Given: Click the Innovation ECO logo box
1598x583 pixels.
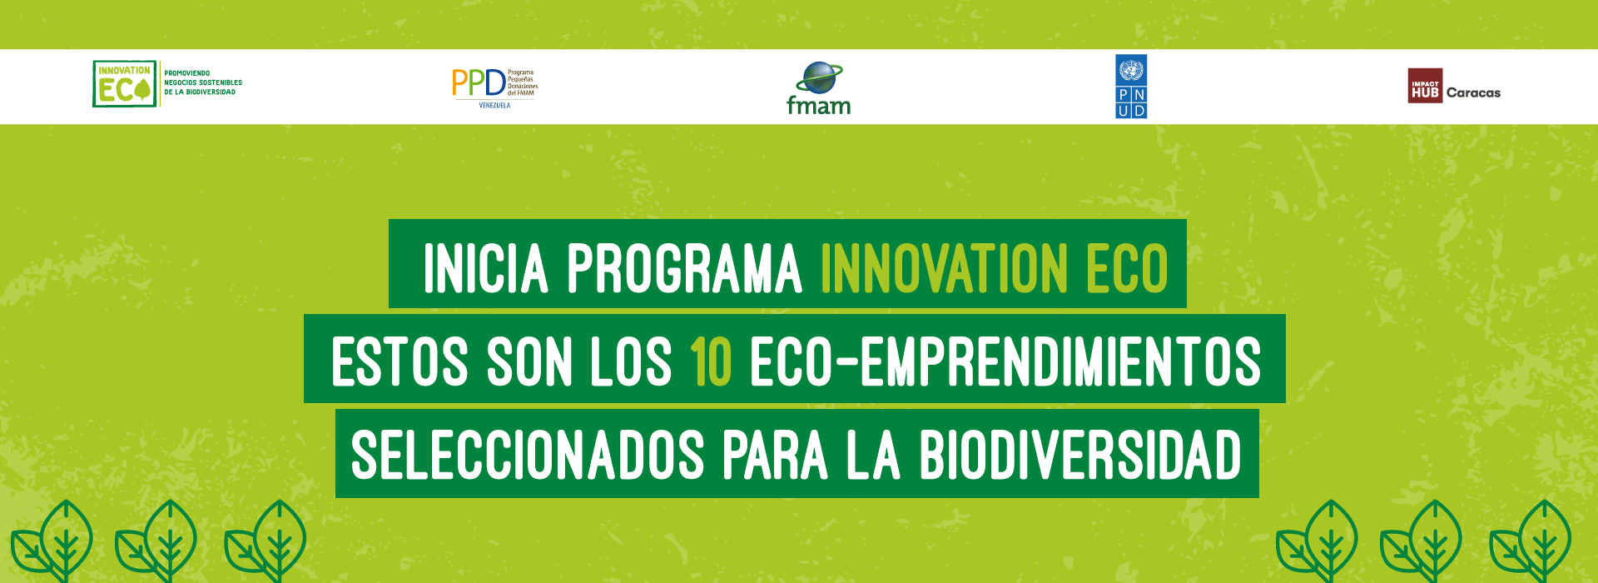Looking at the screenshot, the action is tap(124, 83).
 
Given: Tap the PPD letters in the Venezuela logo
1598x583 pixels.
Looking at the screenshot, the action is tap(479, 82).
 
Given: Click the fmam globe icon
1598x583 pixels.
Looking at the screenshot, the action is tap(819, 77).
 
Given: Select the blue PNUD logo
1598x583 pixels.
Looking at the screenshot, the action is tap(1131, 87).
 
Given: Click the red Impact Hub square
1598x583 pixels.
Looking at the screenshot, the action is tap(1425, 86).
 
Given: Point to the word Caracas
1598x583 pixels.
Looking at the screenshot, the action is tap(1473, 92).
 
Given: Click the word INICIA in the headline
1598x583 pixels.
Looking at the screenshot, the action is tap(486, 268).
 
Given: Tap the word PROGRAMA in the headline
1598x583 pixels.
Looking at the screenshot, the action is tap(684, 268).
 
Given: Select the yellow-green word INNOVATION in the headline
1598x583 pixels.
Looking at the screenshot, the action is tap(944, 268).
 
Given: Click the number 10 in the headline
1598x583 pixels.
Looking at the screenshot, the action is tap(711, 361).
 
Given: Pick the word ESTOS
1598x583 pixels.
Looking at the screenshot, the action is tap(399, 361).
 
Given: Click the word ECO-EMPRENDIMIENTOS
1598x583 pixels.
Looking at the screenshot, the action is tap(1005, 361).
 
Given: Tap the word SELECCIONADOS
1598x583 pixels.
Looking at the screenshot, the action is tap(528, 456).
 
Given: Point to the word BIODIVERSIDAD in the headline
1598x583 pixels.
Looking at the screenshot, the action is tap(1080, 456).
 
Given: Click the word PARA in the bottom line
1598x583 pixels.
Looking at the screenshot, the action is tap(775, 456).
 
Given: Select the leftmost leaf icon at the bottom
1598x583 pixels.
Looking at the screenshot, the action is tap(52, 541).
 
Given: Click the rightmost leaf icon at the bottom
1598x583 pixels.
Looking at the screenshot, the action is tap(1530, 541).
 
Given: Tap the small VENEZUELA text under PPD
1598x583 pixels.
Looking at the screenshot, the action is tap(494, 106).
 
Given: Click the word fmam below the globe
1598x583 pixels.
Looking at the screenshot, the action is tap(819, 105).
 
